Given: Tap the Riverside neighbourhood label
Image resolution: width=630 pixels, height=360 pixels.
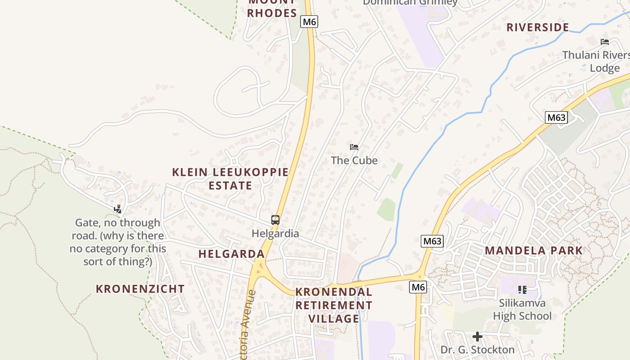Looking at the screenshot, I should coord(538,27).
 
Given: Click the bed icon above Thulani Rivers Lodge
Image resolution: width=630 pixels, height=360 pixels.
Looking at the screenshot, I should coord(605,42).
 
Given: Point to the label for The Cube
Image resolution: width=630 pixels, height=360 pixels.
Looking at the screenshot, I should coord(354,161).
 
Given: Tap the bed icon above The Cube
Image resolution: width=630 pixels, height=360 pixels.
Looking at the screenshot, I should coord(354,147).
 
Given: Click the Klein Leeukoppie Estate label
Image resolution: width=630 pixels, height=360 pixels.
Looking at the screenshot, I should coord(230,179).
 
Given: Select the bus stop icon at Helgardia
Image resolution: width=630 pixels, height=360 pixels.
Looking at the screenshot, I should coord(275,220).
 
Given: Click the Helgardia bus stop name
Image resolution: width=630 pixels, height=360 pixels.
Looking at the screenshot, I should coord(275,234).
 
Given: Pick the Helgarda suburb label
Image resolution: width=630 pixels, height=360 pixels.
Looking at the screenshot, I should coord(232,254).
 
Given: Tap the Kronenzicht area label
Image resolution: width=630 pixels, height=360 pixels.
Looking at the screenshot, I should coord(140,289).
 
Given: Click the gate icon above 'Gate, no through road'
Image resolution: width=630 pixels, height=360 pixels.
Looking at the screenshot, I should coord(117,209).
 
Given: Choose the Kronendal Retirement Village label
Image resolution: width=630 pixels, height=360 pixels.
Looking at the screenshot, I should coord(334,305).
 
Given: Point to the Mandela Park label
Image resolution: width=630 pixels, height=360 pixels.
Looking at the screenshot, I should coord(534,251).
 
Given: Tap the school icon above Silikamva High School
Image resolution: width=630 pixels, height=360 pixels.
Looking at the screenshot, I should coord(522,289).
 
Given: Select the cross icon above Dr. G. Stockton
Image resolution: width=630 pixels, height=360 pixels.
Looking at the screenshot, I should coord(477,336).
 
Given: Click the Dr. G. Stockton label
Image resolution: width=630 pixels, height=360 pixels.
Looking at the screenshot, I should coord(477,350).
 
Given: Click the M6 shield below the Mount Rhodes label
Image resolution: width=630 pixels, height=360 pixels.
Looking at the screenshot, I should coord(310,22).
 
